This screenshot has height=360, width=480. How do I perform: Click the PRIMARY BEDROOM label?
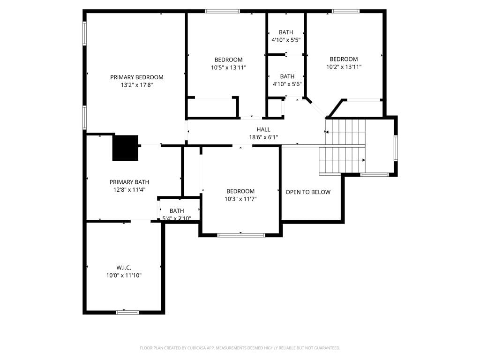[137, 77]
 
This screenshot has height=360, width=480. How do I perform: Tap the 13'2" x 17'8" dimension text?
[137, 85]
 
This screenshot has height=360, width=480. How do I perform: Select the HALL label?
[263, 129]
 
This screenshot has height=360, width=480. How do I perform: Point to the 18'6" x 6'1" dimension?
[263, 137]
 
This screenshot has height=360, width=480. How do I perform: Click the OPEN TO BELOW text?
[308, 192]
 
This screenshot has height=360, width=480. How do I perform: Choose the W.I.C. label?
[124, 268]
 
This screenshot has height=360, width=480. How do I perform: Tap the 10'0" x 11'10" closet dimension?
[124, 276]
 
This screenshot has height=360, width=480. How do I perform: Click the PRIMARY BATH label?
[129, 182]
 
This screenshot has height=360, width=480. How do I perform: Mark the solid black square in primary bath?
[125, 148]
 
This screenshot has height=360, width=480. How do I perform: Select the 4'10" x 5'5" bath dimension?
[286, 40]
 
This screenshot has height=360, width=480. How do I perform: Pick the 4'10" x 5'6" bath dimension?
[287, 84]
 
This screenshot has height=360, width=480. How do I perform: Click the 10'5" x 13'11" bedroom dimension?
[228, 67]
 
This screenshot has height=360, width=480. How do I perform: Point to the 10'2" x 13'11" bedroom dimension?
[344, 67]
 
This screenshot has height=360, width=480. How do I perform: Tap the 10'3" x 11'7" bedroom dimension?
[240, 199]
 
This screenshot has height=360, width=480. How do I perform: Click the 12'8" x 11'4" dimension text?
[129, 190]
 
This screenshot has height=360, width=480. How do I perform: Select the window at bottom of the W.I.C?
[127, 312]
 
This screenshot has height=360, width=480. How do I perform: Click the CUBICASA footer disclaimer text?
[240, 348]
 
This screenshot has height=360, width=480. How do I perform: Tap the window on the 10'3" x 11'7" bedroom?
[241, 235]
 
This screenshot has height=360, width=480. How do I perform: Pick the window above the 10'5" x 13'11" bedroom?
[222, 11]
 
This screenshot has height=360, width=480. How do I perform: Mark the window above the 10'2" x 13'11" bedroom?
[345, 11]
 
